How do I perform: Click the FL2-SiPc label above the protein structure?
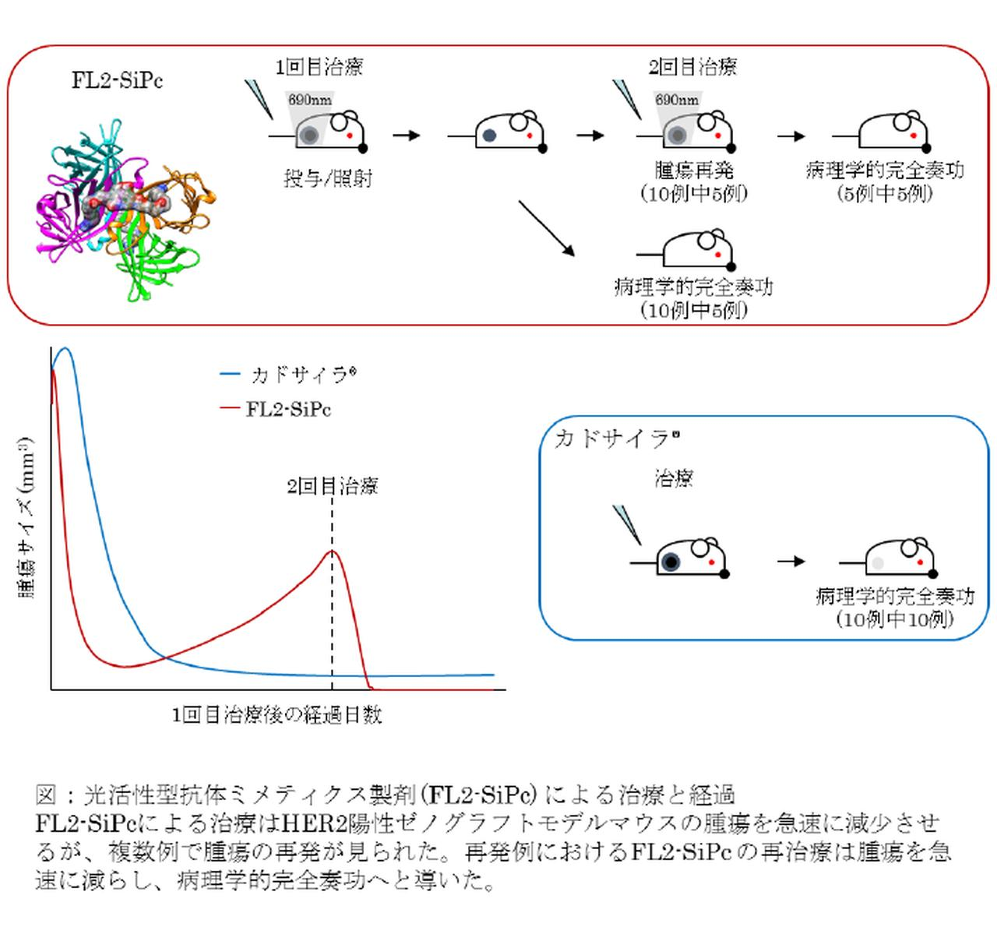pos(118,81)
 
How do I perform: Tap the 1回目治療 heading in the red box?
pos(319,67)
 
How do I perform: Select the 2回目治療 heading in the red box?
pos(692,67)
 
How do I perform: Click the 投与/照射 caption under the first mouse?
pos(328,179)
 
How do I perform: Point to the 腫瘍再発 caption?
pos(694,171)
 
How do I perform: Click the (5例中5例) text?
pos(885,193)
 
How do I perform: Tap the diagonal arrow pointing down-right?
pos(546,229)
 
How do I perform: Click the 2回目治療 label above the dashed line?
pos(333,487)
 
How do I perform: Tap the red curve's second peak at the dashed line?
pos(333,552)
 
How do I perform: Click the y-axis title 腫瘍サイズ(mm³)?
pos(27,517)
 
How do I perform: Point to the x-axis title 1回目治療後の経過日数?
pos(277,715)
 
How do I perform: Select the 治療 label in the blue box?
pos(674,478)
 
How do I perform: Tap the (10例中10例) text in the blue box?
pos(895,619)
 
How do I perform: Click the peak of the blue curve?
pos(65,349)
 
